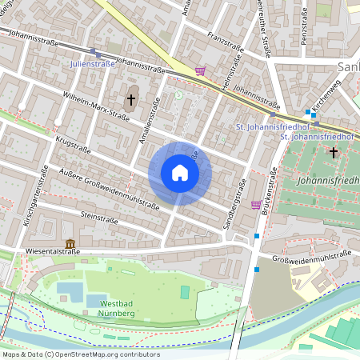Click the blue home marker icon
click(180, 173)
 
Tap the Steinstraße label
click(100, 218)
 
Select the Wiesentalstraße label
click(33, 248)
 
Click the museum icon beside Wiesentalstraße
click(70, 243)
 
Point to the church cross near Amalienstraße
click(131, 100)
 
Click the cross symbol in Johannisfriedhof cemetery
click(333, 151)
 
